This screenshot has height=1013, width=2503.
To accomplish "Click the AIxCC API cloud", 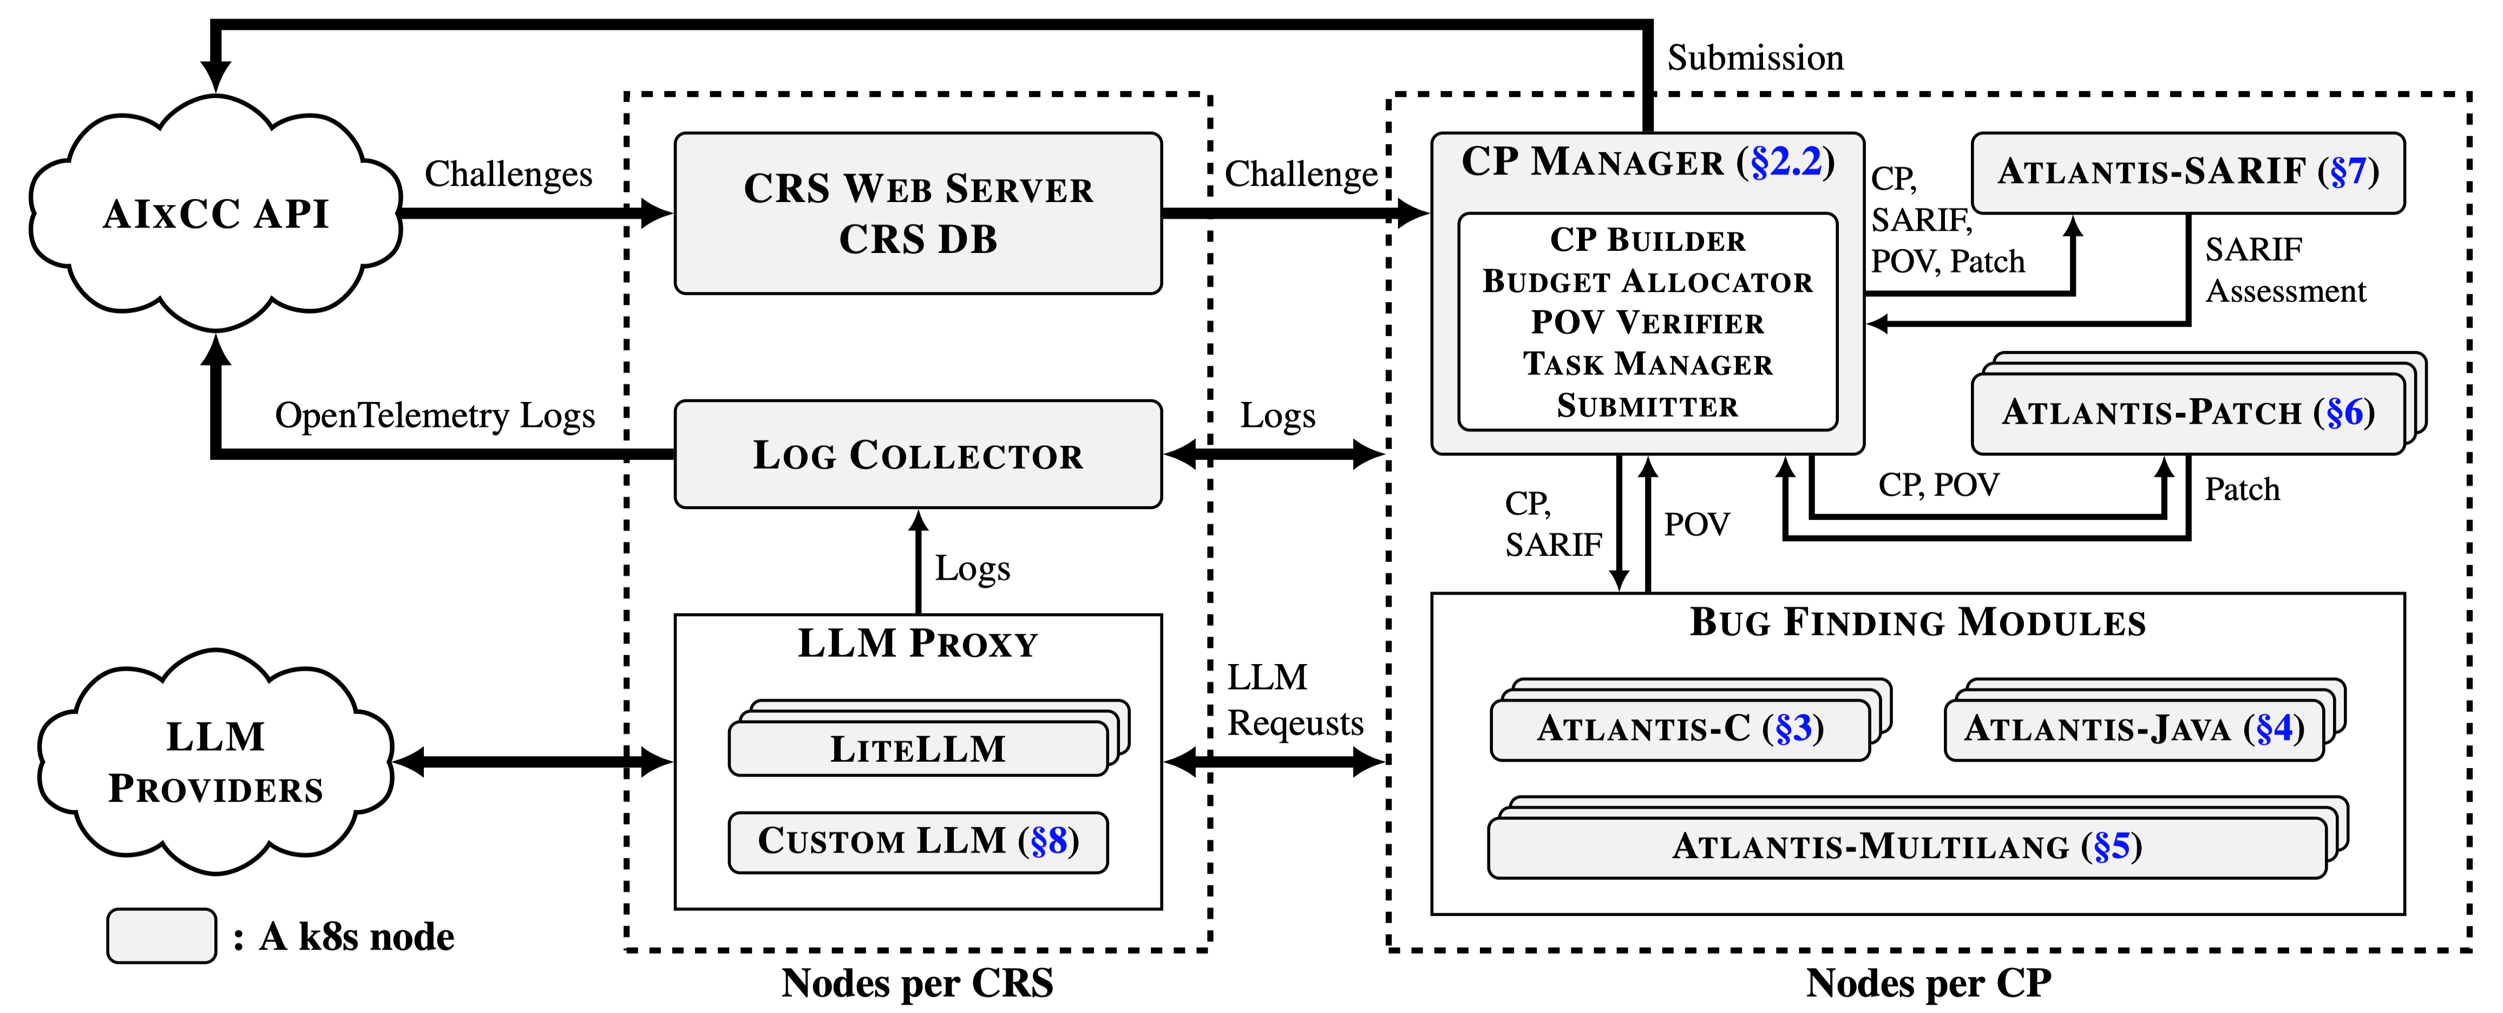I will pos(215,214).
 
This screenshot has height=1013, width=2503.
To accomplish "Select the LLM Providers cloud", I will pos(215,762).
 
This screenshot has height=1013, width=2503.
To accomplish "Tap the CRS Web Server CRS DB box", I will pos(918,214).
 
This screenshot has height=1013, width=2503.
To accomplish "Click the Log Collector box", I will pos(918,454).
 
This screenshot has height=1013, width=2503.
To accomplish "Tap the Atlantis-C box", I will pos(1680,729).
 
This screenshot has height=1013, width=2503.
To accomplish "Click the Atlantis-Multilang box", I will pos(1906,847).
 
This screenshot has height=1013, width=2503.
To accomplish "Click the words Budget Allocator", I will pos(1647,281).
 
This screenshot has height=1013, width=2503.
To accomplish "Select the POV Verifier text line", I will pos(1647,322).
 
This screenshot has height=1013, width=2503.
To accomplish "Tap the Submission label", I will pos(1755,59).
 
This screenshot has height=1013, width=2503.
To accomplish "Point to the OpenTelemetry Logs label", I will pos(434,415).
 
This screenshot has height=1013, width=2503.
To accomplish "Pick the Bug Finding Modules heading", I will pos(1917,622).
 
